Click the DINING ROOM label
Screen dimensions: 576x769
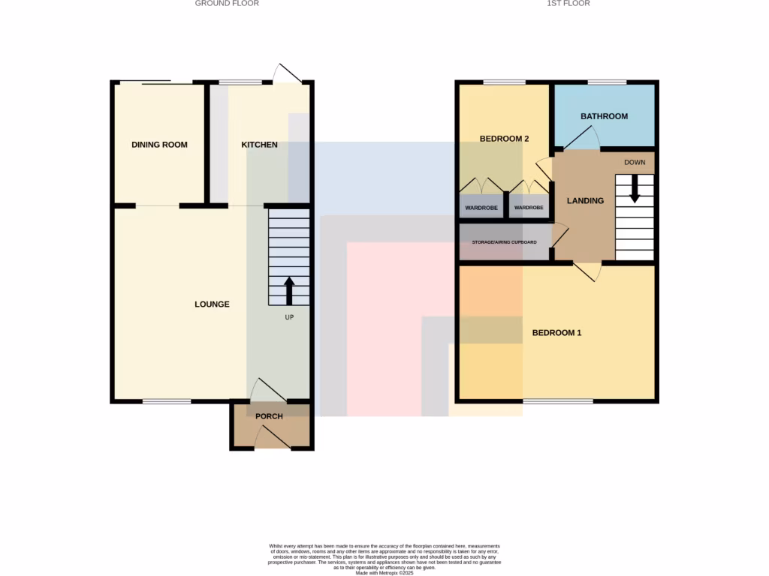click(x=159, y=145)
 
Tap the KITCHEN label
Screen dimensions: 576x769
click(x=259, y=145)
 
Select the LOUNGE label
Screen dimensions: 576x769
click(x=212, y=304)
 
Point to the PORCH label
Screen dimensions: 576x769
click(x=269, y=416)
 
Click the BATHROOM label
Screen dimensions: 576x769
click(x=604, y=116)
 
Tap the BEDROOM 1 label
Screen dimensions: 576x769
click(x=556, y=333)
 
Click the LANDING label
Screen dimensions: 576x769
click(x=585, y=201)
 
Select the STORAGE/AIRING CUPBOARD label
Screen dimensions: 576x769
click(x=504, y=243)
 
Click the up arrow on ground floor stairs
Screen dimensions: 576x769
click(x=289, y=290)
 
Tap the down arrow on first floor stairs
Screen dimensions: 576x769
click(x=635, y=189)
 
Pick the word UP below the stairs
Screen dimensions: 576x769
click(x=289, y=317)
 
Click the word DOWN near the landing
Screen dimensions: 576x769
click(x=635, y=162)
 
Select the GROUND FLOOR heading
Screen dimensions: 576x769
click(x=227, y=4)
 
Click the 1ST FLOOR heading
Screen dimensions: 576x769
click(x=568, y=4)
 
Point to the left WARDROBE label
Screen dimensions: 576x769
click(x=481, y=208)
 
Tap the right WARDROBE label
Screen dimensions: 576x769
click(x=529, y=208)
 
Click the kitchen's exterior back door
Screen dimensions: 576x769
click(x=288, y=74)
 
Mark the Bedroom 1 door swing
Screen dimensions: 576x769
click(x=588, y=273)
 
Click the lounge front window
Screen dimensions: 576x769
click(x=167, y=401)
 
